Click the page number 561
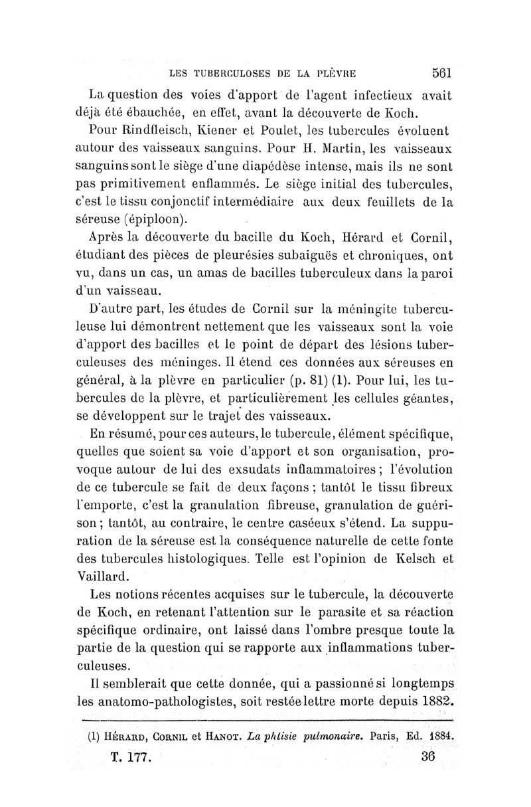coord(441,72)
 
